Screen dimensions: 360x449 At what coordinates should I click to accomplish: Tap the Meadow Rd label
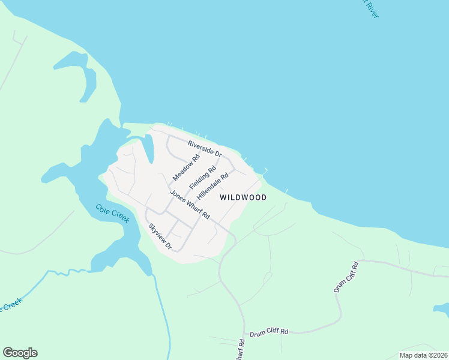tap(185, 168)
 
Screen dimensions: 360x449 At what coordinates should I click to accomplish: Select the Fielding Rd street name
tap(202, 178)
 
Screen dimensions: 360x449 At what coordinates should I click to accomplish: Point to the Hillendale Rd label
tap(213, 186)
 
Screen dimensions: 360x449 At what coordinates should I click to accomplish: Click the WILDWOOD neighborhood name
tap(243, 197)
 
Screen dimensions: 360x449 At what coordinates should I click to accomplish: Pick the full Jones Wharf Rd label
tap(189, 205)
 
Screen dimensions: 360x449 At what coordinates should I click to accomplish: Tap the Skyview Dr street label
tap(160, 236)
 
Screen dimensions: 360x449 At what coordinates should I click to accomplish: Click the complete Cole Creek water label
tap(112, 213)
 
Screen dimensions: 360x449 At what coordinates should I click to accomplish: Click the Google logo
tap(20, 353)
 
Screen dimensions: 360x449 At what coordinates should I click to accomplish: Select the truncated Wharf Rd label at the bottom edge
tap(241, 350)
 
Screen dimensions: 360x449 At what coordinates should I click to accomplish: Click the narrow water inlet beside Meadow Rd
tap(148, 147)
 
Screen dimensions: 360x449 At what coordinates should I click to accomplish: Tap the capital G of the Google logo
tap(8, 353)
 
